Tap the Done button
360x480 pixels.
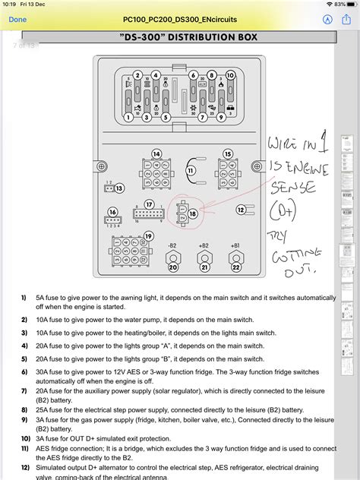pos(17,19)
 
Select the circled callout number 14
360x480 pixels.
pos(156,154)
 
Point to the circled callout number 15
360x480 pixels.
pos(227,154)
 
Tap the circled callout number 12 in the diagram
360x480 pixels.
pos(242,210)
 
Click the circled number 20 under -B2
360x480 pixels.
pos(172,267)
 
